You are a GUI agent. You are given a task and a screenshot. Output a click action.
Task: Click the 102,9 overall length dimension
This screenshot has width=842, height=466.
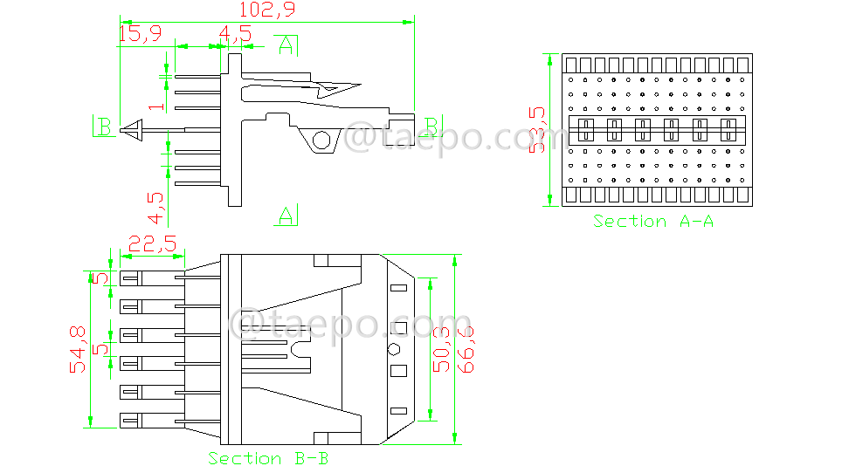pos(266,10)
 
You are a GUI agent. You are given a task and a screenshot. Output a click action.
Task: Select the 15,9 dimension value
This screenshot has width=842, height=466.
pos(140,33)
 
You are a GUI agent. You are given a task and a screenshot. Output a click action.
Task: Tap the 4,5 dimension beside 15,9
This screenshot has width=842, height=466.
pos(235,34)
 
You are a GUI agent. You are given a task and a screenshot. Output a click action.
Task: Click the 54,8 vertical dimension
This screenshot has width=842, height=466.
pos(79,349)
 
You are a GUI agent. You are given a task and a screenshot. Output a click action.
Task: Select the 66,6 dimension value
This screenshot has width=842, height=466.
pos(467,349)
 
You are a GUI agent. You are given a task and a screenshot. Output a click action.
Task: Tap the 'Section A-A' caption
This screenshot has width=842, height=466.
pos(653,222)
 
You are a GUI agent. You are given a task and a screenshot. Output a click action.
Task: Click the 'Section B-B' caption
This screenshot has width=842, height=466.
pos(268,457)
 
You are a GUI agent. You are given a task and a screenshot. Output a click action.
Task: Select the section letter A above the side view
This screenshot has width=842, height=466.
pos(286,45)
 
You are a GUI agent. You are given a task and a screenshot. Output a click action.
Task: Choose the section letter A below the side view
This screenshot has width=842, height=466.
pos(286,215)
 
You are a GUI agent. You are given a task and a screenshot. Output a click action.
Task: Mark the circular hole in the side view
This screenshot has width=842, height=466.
pos(322,140)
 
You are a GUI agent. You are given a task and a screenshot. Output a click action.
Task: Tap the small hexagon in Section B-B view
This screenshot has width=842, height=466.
pos(394,349)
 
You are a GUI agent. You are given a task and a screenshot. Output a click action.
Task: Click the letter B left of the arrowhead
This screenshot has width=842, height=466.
pos(104,127)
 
